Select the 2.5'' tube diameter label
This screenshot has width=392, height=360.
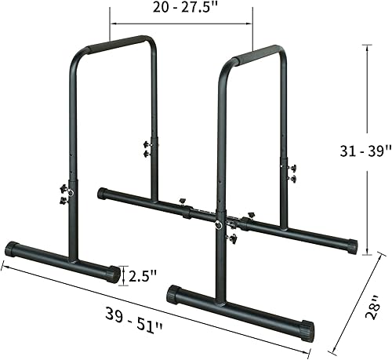tap(143, 275)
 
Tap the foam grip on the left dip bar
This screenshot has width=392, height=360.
tap(122, 43)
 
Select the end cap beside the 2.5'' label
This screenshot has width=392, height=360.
tap(114, 274)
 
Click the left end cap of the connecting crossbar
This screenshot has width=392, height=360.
tap(100, 192)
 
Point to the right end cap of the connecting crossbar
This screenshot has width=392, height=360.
tap(353, 245)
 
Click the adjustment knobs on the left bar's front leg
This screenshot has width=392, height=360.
tap(64, 195)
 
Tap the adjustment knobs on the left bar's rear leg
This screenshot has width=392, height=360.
tap(147, 148)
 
